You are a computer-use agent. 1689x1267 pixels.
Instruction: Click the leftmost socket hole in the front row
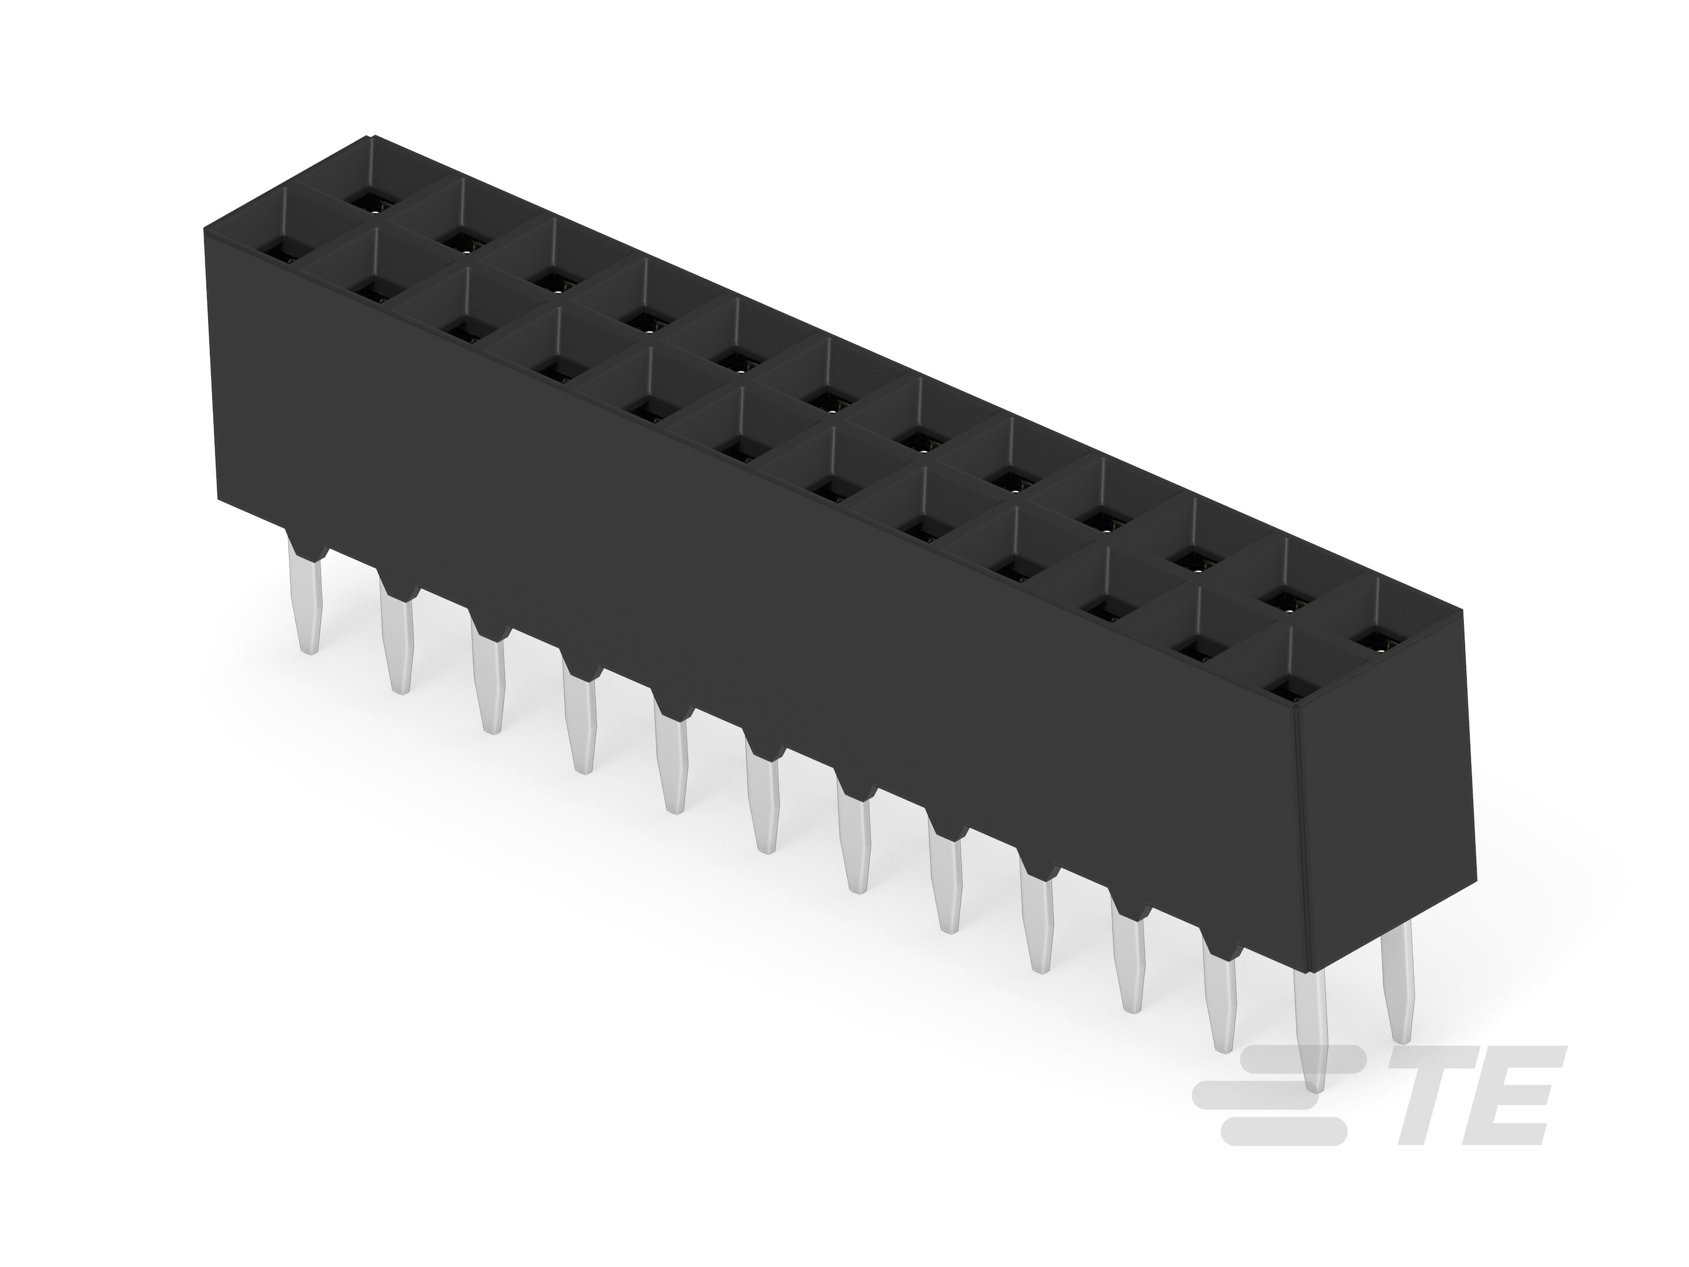278,248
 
